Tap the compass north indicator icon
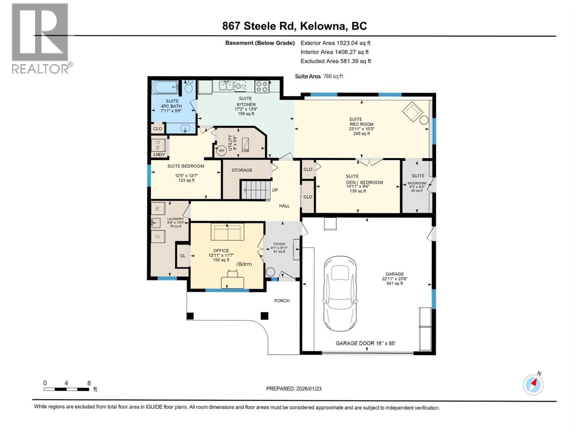tap(533, 384)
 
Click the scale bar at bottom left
tap(67, 389)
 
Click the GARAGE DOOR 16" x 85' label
tap(365, 343)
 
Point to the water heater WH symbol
tap(221, 150)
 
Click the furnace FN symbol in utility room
tap(246, 145)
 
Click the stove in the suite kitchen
tap(262, 86)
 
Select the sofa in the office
tap(227, 232)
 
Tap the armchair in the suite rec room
tap(412, 112)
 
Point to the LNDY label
tap(159, 154)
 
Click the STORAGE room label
tap(242, 170)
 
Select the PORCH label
tap(282, 301)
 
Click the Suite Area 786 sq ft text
tap(319, 76)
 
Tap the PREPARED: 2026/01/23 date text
tap(293, 389)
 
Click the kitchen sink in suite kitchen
tap(226, 86)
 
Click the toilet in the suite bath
tap(188, 87)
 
